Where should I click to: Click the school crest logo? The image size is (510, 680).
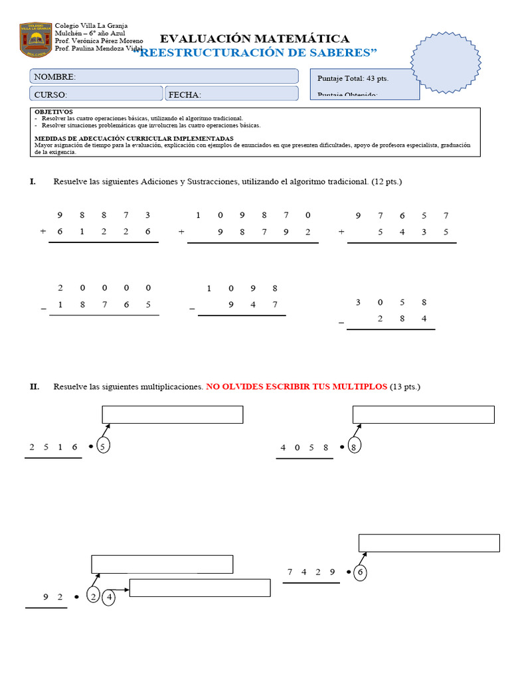click(x=36, y=39)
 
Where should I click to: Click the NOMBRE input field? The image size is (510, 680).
click(x=163, y=76)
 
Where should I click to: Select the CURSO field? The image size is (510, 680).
click(x=96, y=94)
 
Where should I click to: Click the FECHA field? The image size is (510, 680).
click(x=231, y=94)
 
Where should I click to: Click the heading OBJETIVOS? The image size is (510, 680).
click(x=54, y=112)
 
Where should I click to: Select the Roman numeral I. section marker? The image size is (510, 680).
click(x=33, y=181)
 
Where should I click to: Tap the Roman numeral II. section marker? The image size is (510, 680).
click(x=35, y=386)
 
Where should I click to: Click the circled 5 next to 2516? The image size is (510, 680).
click(x=102, y=446)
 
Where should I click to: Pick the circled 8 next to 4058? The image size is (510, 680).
click(x=354, y=447)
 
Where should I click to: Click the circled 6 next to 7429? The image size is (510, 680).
click(x=360, y=572)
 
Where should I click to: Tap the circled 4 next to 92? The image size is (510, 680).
click(x=108, y=596)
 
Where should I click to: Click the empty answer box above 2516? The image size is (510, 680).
click(x=172, y=414)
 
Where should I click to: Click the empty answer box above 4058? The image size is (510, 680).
click(x=423, y=414)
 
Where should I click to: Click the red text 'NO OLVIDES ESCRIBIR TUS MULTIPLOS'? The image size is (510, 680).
click(x=296, y=386)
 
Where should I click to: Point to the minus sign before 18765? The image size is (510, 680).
click(x=43, y=306)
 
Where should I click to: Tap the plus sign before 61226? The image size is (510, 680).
click(x=43, y=232)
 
